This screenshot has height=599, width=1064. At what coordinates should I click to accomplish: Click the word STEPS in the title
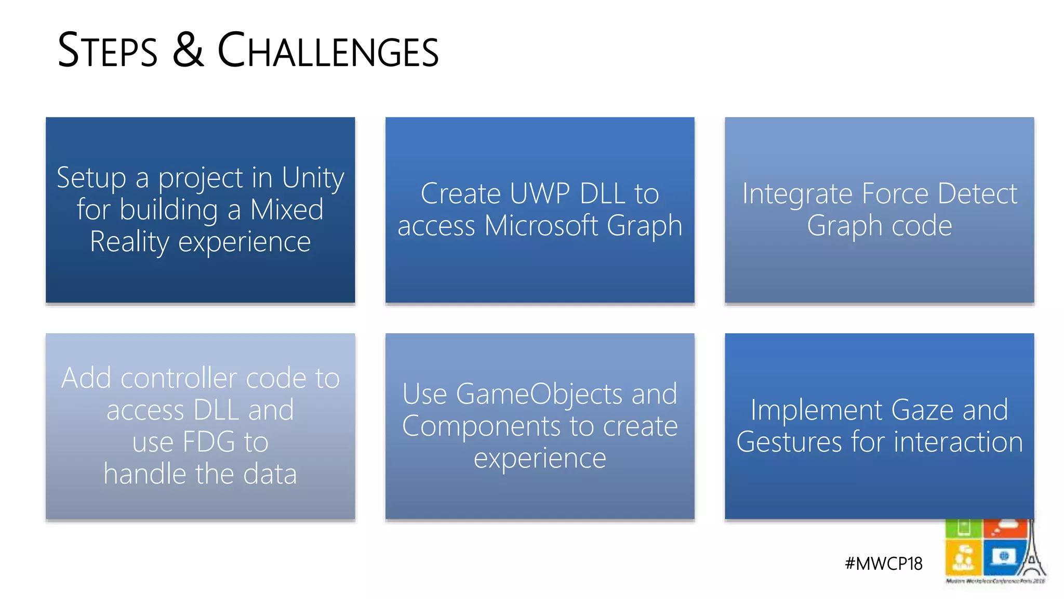pos(107,51)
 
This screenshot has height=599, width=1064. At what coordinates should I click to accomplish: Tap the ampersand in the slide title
pos(188,50)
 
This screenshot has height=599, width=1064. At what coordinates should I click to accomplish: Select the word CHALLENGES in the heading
pos(328,51)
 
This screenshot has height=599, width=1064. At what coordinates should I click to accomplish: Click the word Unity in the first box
pos(313,178)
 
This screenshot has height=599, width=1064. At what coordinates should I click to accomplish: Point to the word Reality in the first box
pos(129,242)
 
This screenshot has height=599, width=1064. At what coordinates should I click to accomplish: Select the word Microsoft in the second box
pos(541,226)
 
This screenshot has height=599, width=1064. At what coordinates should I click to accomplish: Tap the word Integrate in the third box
pos(797,194)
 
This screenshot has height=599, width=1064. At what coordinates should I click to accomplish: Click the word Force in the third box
pos(895,194)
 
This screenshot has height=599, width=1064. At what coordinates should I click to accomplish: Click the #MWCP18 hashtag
pos(883,564)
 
